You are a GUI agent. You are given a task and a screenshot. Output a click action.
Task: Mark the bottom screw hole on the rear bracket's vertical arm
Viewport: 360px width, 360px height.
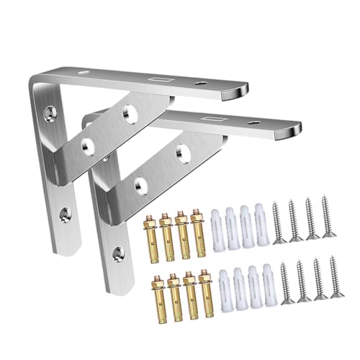[x=63, y=213]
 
